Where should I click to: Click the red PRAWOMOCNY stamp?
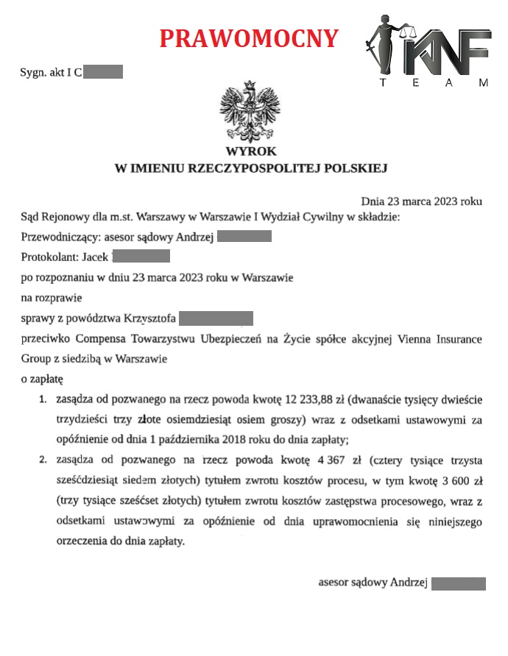[x=249, y=38]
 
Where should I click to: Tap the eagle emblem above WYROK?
[x=251, y=113]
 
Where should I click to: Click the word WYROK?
[x=251, y=151]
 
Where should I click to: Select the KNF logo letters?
[x=449, y=51]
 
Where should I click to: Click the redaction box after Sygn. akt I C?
[x=103, y=72]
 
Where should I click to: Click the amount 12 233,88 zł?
[x=314, y=400]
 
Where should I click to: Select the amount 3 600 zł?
[x=462, y=480]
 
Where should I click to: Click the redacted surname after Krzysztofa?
[x=216, y=318]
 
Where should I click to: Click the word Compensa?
[x=101, y=340]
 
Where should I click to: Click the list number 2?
[x=43, y=461]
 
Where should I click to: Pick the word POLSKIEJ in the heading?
[x=356, y=168]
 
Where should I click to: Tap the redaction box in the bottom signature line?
[x=458, y=584]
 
